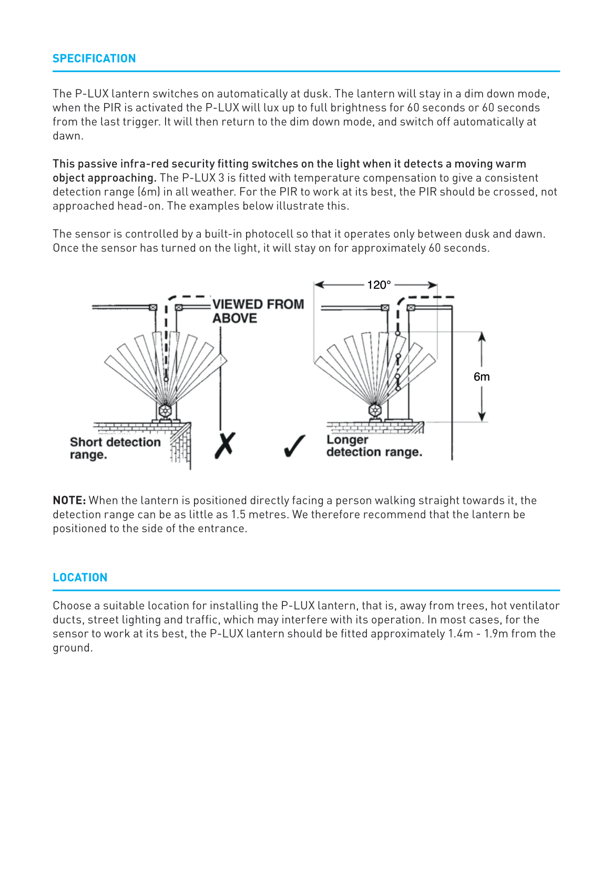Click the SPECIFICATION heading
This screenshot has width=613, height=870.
[94, 58]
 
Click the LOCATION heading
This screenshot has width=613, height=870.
[80, 578]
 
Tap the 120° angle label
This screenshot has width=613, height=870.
[379, 285]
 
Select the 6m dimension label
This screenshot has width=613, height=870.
[482, 377]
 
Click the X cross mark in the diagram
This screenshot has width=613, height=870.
[225, 446]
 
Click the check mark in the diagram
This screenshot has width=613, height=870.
[294, 446]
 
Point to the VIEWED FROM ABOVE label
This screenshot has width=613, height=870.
[258, 311]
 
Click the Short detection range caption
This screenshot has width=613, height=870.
[115, 448]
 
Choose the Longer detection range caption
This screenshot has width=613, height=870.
[373, 446]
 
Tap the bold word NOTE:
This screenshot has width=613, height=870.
[69, 500]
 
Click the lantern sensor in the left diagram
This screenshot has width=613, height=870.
[165, 410]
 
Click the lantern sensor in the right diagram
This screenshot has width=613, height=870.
[375, 410]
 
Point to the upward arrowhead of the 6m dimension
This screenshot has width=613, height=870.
[482, 337]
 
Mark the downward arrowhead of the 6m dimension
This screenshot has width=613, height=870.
[482, 417]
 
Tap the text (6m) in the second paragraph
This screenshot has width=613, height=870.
[149, 192]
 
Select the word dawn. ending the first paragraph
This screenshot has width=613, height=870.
[68, 136]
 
